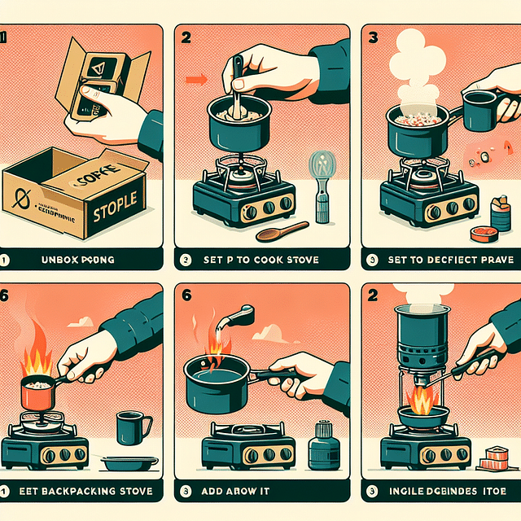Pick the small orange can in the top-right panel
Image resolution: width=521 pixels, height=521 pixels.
pyautogui.click(x=481, y=233)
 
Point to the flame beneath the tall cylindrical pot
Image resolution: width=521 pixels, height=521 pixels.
pyautogui.click(x=421, y=401)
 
